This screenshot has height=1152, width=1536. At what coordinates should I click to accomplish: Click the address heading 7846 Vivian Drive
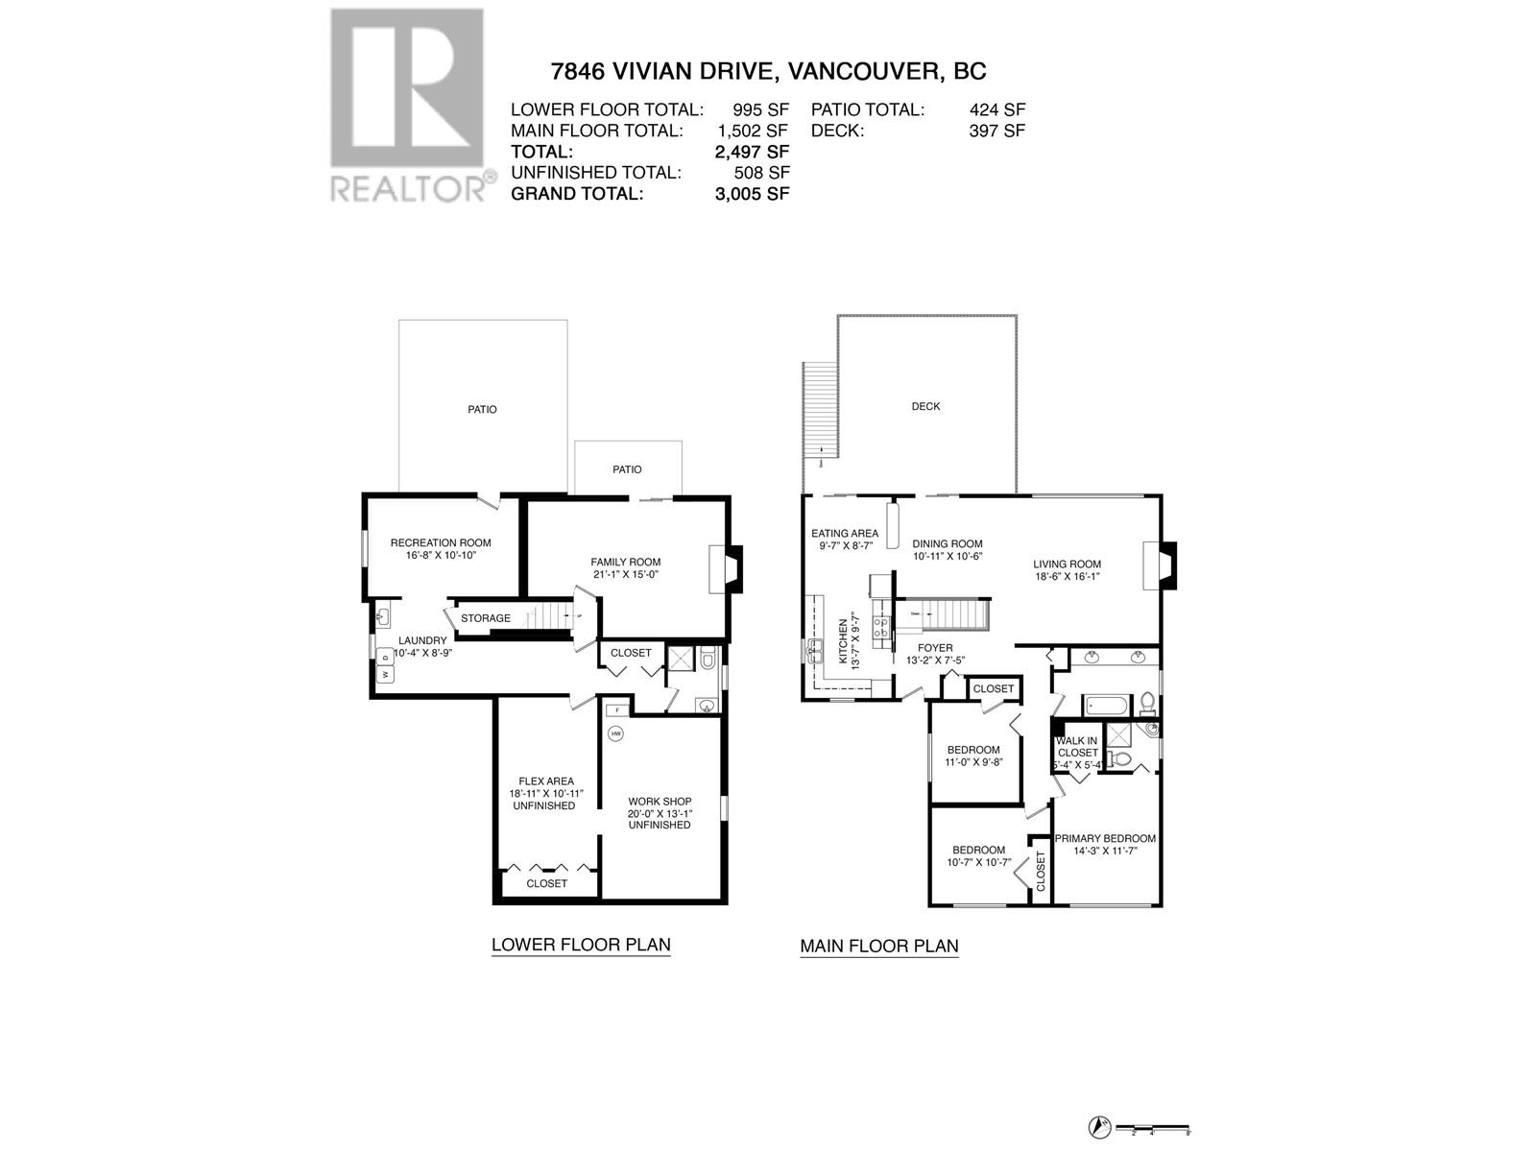coord(767,71)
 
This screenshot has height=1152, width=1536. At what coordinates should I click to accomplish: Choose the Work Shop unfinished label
coord(660,812)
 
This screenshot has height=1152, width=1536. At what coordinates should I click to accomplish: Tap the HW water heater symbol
coord(615,733)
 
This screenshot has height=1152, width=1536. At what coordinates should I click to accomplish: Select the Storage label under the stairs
coord(486,618)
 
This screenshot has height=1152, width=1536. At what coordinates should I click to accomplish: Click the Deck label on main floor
coord(925,406)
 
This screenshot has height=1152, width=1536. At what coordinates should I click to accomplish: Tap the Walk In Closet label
coord(1077,747)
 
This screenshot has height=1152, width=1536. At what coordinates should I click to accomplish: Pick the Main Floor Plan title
coord(879,947)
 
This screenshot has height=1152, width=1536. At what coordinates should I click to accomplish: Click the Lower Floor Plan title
coord(581,945)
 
